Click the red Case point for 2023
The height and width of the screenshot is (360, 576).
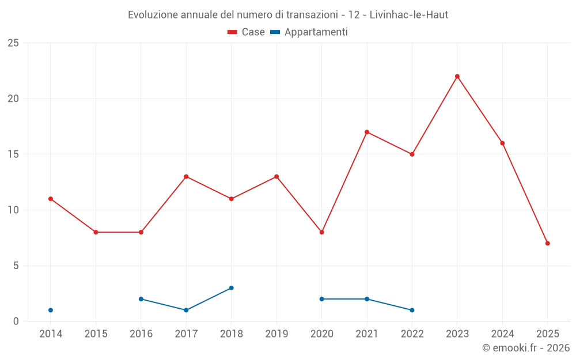pos(457,77)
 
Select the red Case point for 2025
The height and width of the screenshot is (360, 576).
pos(548,243)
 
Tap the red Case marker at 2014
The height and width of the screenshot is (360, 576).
pos(51,199)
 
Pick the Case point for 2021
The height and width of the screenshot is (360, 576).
pos(367,132)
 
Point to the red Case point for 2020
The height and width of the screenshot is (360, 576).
pos(322,232)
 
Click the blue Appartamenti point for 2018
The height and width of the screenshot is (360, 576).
pos(232,288)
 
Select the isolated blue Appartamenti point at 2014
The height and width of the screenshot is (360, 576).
pos(51,310)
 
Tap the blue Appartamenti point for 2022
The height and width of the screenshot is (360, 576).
pos(412,310)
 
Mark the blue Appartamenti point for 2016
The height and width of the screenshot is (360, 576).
pos(141,299)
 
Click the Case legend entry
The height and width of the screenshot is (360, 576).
pos(247,32)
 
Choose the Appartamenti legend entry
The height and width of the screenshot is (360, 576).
pos(309,32)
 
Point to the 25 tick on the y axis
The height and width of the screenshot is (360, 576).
pos(13,43)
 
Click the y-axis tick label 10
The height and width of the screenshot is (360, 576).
pos(13,210)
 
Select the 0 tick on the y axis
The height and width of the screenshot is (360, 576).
pos(16,321)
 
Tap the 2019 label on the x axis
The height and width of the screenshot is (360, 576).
pos(276,334)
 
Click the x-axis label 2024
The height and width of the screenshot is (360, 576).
pos(502,334)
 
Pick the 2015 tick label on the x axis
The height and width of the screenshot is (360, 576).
pos(96,334)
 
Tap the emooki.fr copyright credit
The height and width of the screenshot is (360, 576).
pos(526,348)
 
